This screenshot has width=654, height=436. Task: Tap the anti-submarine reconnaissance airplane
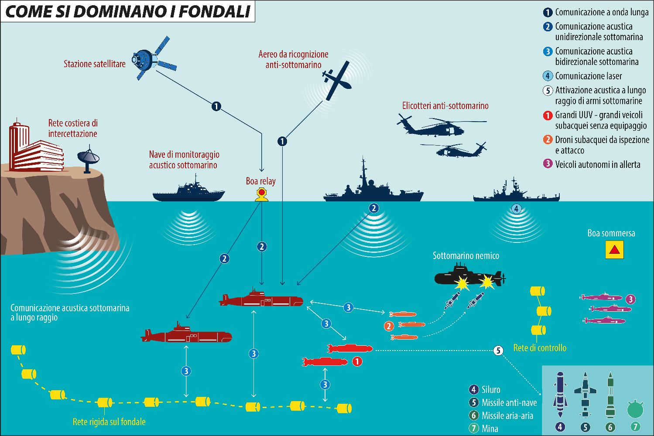click(x=336, y=81)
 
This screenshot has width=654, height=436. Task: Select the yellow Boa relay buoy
click(x=261, y=195)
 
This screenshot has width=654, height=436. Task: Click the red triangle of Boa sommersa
click(x=614, y=250)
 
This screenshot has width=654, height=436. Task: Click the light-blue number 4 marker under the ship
click(x=516, y=209)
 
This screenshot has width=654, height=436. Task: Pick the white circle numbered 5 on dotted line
click(x=498, y=350)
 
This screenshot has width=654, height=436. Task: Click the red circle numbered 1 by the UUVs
click(x=357, y=361)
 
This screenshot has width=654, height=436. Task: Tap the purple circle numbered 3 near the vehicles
click(x=630, y=300)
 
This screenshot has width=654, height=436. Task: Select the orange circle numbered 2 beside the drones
click(x=388, y=326)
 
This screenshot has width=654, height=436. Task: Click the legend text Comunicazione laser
click(x=588, y=76)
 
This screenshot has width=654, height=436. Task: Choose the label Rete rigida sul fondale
click(x=109, y=422)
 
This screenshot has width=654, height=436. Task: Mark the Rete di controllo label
click(x=540, y=348)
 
